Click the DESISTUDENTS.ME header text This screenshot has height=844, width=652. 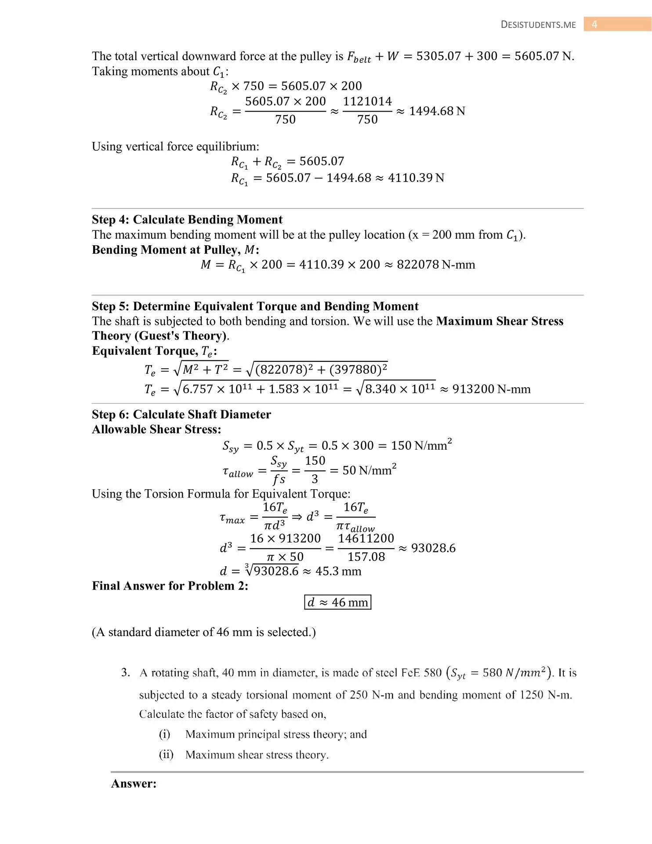click(x=538, y=25)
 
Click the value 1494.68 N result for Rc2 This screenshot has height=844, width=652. click(x=437, y=111)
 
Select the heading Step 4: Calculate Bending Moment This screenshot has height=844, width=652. click(x=187, y=219)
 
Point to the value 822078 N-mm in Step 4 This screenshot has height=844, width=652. click(x=435, y=265)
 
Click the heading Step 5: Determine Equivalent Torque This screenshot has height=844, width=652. click(x=255, y=306)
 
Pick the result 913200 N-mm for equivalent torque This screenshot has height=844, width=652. click(x=491, y=389)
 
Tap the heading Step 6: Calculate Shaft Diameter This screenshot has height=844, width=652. click(x=181, y=414)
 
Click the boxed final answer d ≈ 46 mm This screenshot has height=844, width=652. click(x=337, y=602)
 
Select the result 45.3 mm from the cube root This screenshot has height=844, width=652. click(x=338, y=571)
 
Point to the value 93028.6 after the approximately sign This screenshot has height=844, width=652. click(x=433, y=548)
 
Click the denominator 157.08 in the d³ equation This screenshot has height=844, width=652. click(x=366, y=557)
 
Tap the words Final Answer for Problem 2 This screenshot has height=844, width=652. click(x=170, y=586)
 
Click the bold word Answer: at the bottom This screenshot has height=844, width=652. click(x=134, y=783)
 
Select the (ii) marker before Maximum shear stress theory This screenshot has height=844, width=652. click(x=166, y=754)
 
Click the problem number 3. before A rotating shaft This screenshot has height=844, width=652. click(x=126, y=673)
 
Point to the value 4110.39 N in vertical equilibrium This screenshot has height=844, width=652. click(x=416, y=178)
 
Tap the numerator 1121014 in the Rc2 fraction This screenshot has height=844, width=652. click(x=367, y=102)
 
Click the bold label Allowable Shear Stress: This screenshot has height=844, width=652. click(x=156, y=429)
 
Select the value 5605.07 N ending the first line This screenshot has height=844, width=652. click(x=544, y=56)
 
